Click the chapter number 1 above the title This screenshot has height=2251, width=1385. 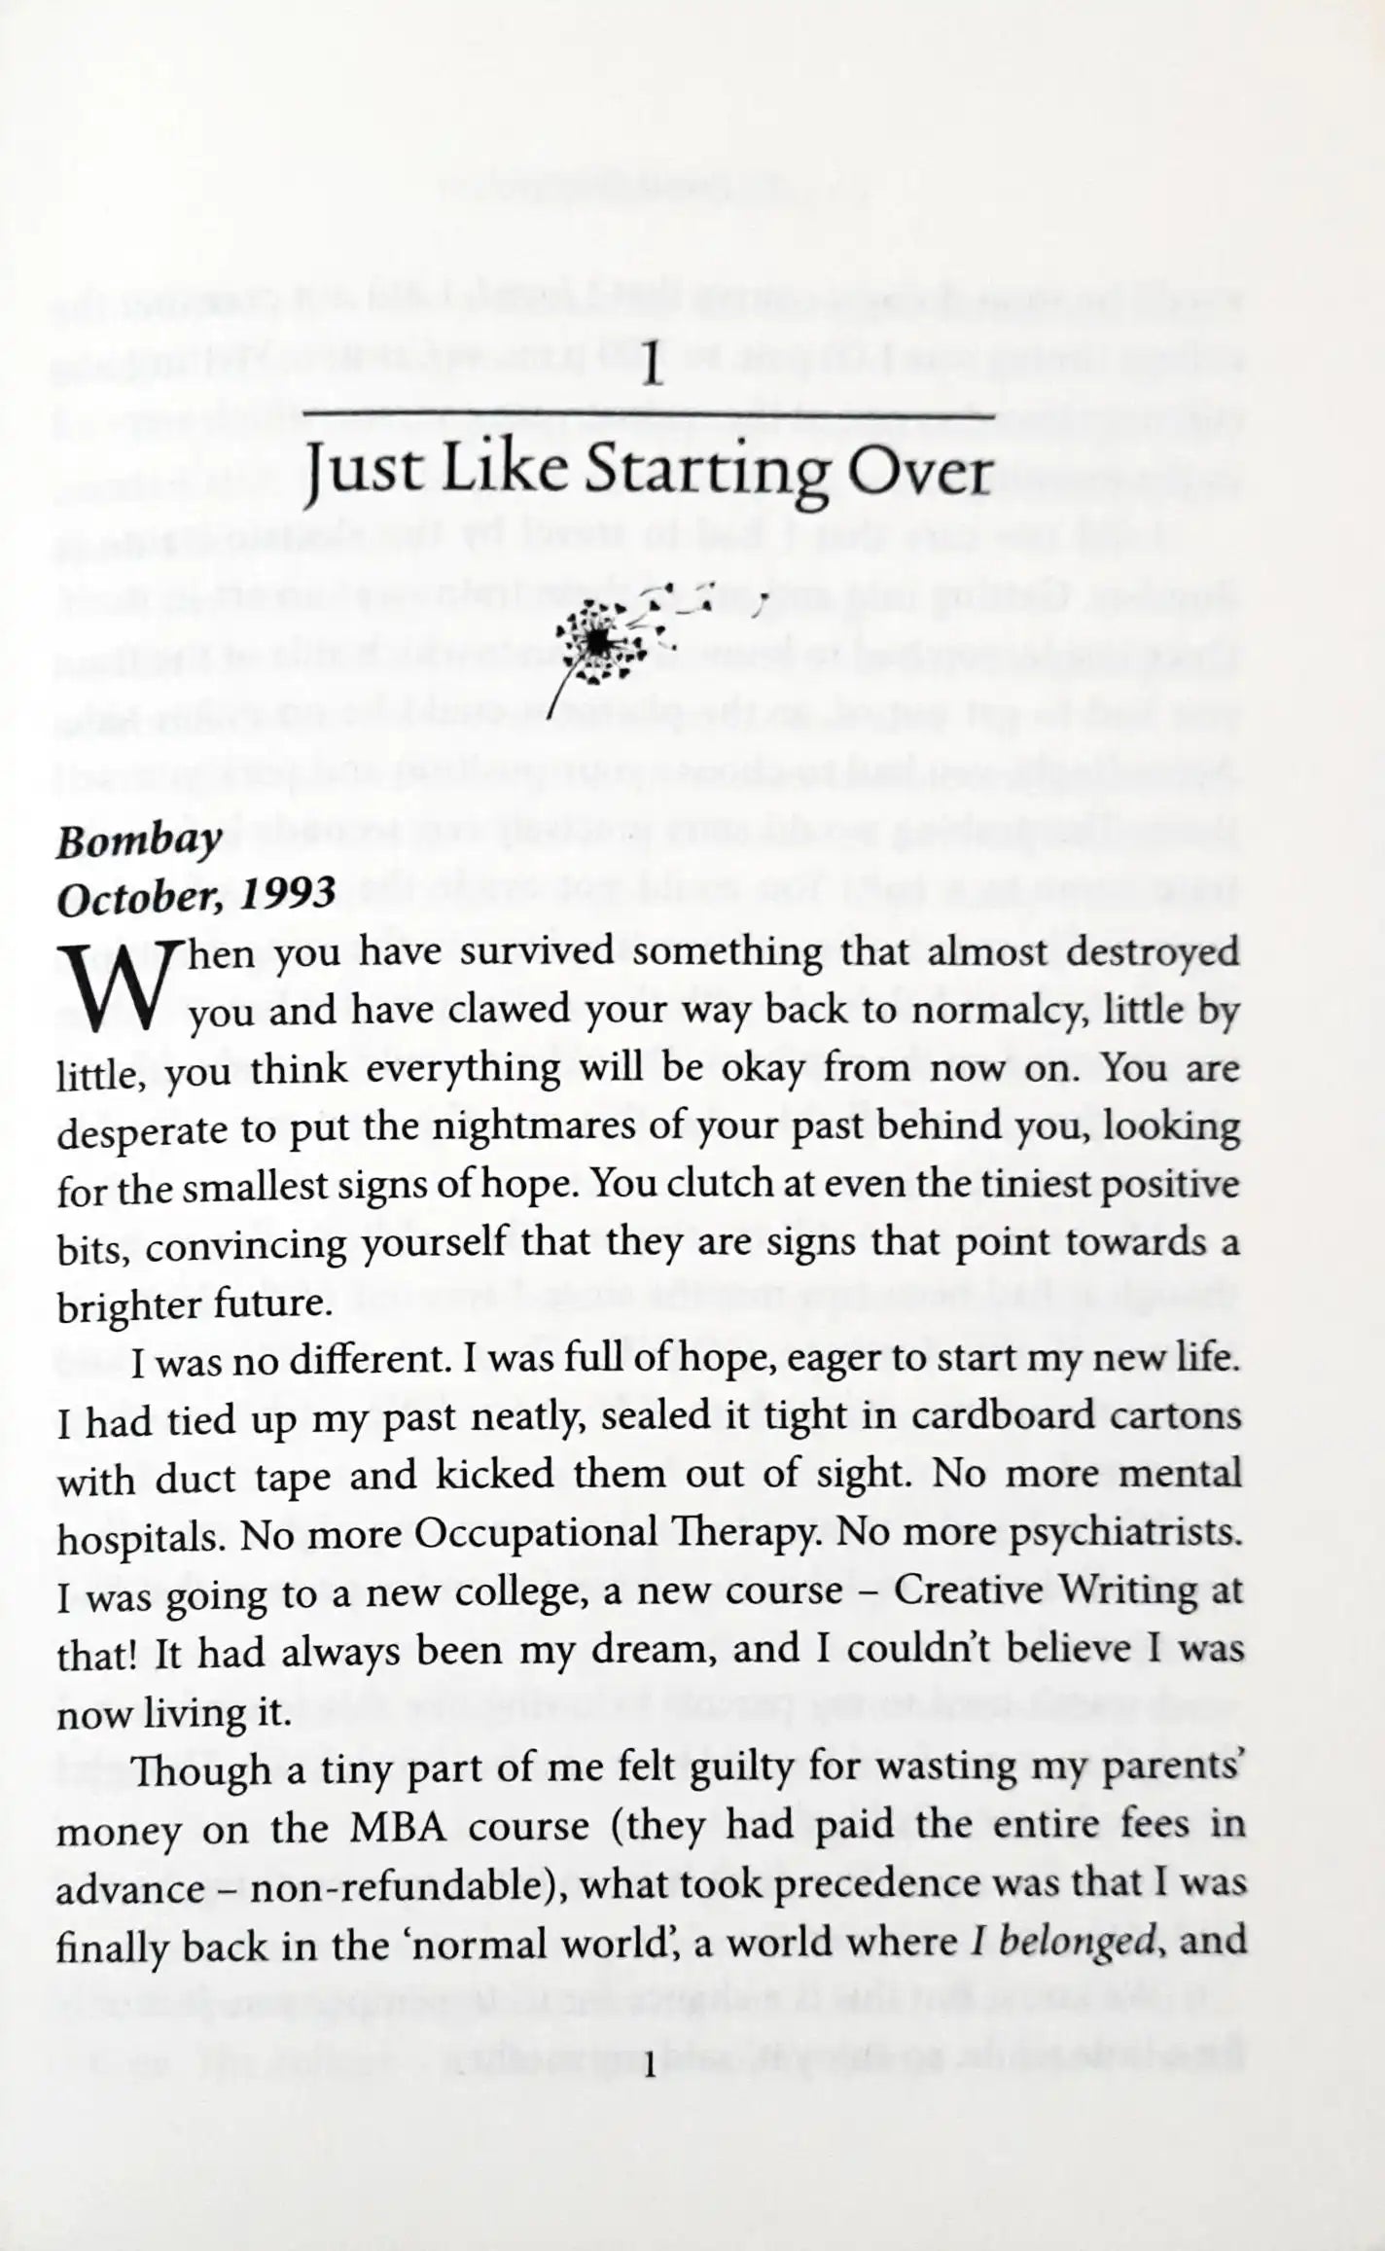[653, 369]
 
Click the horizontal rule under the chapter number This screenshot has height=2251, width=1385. [649, 416]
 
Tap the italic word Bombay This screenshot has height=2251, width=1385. [138, 842]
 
